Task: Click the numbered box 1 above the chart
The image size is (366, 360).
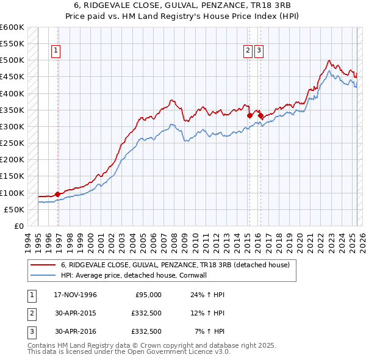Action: [56, 51]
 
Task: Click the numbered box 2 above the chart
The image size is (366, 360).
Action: [248, 51]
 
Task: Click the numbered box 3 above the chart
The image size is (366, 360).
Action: [259, 51]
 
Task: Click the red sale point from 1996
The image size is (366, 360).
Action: [57, 195]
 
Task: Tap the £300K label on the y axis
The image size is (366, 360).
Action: [12, 126]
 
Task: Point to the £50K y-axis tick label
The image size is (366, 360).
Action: [14, 209]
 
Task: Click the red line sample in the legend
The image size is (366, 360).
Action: [43, 265]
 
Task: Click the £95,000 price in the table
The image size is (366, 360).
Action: [147, 295]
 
